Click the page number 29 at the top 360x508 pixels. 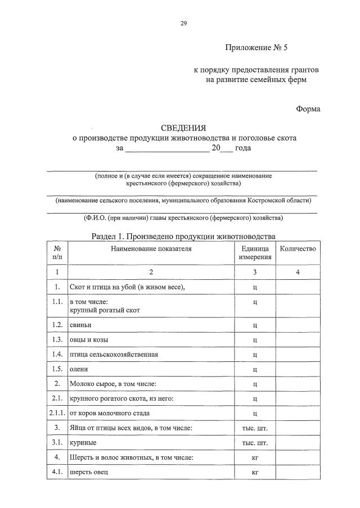point(183,23)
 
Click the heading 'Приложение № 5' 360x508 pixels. point(256,48)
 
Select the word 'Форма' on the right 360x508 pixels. point(308,108)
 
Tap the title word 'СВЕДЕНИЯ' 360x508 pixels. point(183,128)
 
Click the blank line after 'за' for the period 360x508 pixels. point(166,148)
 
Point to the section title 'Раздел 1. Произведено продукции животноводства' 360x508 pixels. point(183,236)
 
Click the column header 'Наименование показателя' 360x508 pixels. point(151,248)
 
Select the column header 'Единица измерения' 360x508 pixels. point(255,253)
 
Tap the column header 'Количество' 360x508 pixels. point(298,248)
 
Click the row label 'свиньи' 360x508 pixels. point(81,325)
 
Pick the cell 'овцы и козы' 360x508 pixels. point(89,339)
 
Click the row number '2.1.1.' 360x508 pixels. point(57,413)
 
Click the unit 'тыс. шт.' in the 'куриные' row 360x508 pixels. point(255,443)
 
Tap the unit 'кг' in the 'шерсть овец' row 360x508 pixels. point(255,472)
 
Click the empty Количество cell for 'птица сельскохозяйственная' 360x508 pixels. point(298,355)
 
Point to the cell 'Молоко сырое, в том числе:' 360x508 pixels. point(113,384)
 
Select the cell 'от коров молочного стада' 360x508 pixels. point(109,413)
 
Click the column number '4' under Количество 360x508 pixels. point(298,272)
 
